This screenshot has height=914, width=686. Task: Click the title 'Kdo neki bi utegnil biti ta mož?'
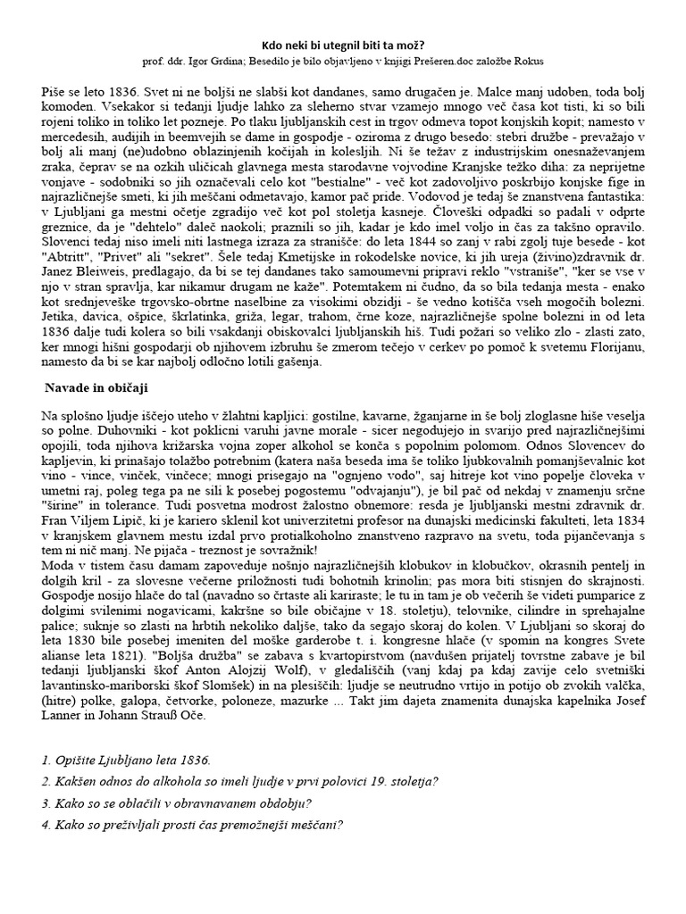(342, 43)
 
